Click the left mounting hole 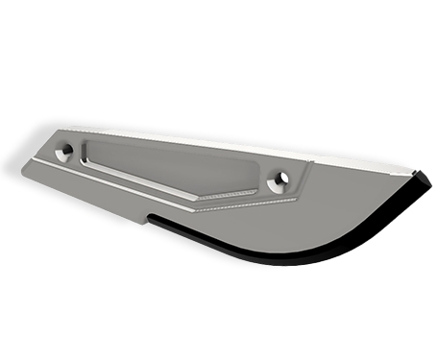coord(64,151)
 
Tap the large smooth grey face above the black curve coord(317,216)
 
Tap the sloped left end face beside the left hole coord(38,158)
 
